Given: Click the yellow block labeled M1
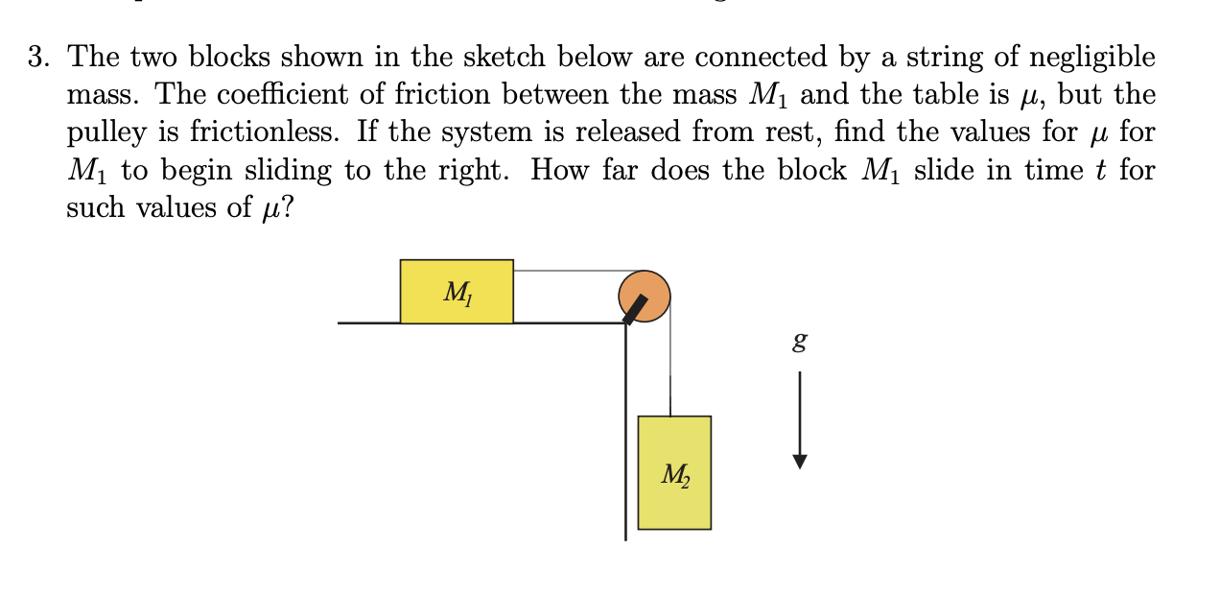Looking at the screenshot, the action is coord(457,291).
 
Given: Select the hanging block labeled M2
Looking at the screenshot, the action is coord(674,472).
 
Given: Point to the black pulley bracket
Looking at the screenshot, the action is coord(635,309).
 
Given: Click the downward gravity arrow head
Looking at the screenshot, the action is coord(801,462).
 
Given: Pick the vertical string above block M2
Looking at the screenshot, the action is coord(669,365).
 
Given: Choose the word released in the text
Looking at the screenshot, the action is coord(622,132).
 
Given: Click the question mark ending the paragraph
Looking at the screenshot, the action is coord(288,208).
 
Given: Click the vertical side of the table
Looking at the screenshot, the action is coord(625,432).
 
